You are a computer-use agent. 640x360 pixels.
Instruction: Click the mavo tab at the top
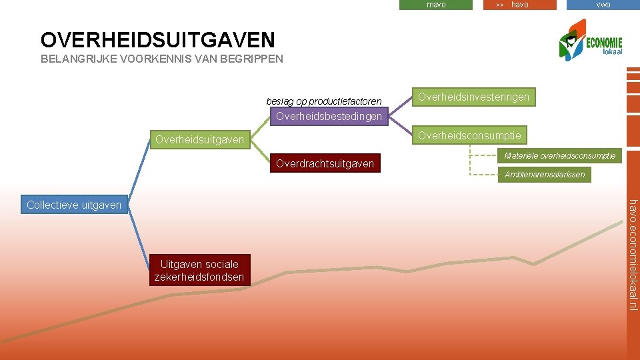436,5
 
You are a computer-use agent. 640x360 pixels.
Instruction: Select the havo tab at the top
519,5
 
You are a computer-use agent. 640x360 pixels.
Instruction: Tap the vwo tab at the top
603,5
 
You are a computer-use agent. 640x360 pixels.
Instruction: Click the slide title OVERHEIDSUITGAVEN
157,39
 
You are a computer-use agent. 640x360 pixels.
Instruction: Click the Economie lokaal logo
591,41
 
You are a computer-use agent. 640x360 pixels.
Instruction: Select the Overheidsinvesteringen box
473,97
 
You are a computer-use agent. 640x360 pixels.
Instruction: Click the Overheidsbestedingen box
329,117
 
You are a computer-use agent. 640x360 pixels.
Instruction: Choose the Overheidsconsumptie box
469,136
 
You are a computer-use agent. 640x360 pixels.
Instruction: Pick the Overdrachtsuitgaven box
325,163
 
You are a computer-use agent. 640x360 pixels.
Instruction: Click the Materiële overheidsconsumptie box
560,156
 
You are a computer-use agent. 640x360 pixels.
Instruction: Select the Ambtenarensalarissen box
545,175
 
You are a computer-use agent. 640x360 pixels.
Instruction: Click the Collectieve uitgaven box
74,205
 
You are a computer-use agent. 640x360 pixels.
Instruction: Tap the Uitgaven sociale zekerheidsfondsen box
199,270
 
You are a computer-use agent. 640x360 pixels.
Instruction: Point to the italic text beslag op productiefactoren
324,101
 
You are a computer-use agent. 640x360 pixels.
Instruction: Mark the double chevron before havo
500,5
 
